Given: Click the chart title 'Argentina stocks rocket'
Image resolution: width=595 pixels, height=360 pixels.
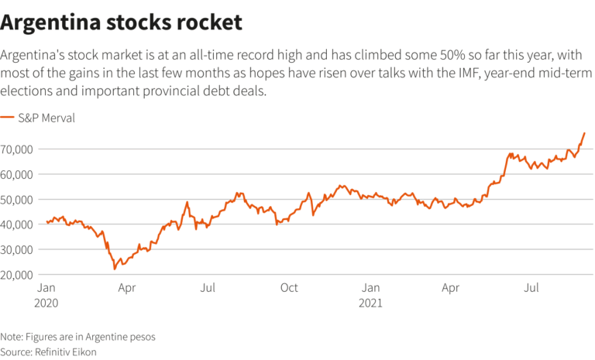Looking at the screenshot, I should point(122,22).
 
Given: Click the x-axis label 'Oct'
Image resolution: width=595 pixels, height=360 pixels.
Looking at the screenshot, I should point(288,289).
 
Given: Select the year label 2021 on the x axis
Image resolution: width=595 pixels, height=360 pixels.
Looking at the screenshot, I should point(371,303).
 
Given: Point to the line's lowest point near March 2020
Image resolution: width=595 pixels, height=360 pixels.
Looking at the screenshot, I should point(115,269).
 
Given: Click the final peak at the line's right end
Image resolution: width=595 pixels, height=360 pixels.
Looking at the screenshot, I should point(584,133).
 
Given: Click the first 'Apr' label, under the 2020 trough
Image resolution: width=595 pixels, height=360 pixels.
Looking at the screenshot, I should point(127,289).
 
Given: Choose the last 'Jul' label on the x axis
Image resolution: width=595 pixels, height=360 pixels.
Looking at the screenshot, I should point(532,289).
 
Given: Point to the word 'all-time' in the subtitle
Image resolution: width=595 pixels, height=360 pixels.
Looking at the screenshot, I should point(199,56).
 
